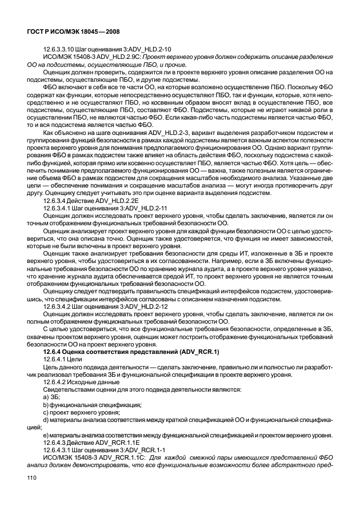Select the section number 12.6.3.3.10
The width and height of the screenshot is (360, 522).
[61, 49]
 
